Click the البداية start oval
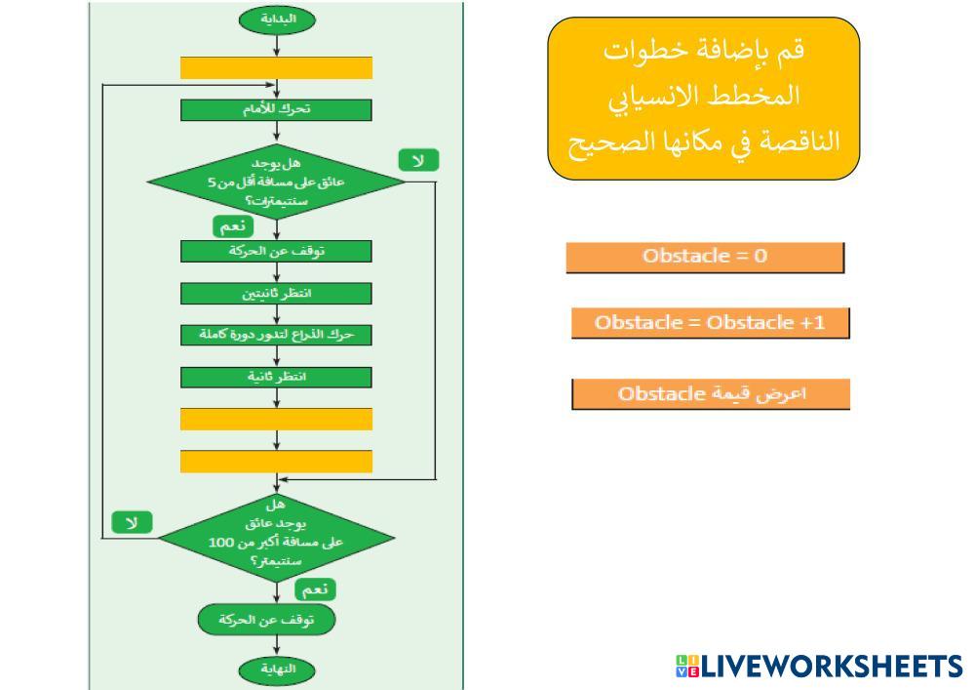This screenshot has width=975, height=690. pos(276,19)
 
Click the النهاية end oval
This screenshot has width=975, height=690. pos(276,670)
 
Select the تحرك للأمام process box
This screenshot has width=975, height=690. pos(276,108)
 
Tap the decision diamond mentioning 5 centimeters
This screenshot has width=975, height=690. pos(276,181)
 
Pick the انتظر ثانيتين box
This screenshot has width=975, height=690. pos(276,293)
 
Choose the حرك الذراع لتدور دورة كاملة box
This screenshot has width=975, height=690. pos(276,335)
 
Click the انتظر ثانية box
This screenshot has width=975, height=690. pos(276,377)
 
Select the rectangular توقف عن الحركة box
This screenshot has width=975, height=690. pos(276,251)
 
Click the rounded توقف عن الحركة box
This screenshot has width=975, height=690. pos(266,619)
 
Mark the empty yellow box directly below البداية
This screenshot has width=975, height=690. pos(276,67)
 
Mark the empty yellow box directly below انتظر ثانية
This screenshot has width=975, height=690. pos(276,419)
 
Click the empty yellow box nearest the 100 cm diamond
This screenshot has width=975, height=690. pos(276,461)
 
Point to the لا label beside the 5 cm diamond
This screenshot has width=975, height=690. pos(418,160)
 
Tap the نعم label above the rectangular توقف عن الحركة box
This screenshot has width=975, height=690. pos(233,226)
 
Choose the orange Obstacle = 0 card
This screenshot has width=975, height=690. pos(704,257)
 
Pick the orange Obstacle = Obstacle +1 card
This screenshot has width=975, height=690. pos(710,323)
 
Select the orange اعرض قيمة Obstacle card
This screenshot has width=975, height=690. pos(710,394)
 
